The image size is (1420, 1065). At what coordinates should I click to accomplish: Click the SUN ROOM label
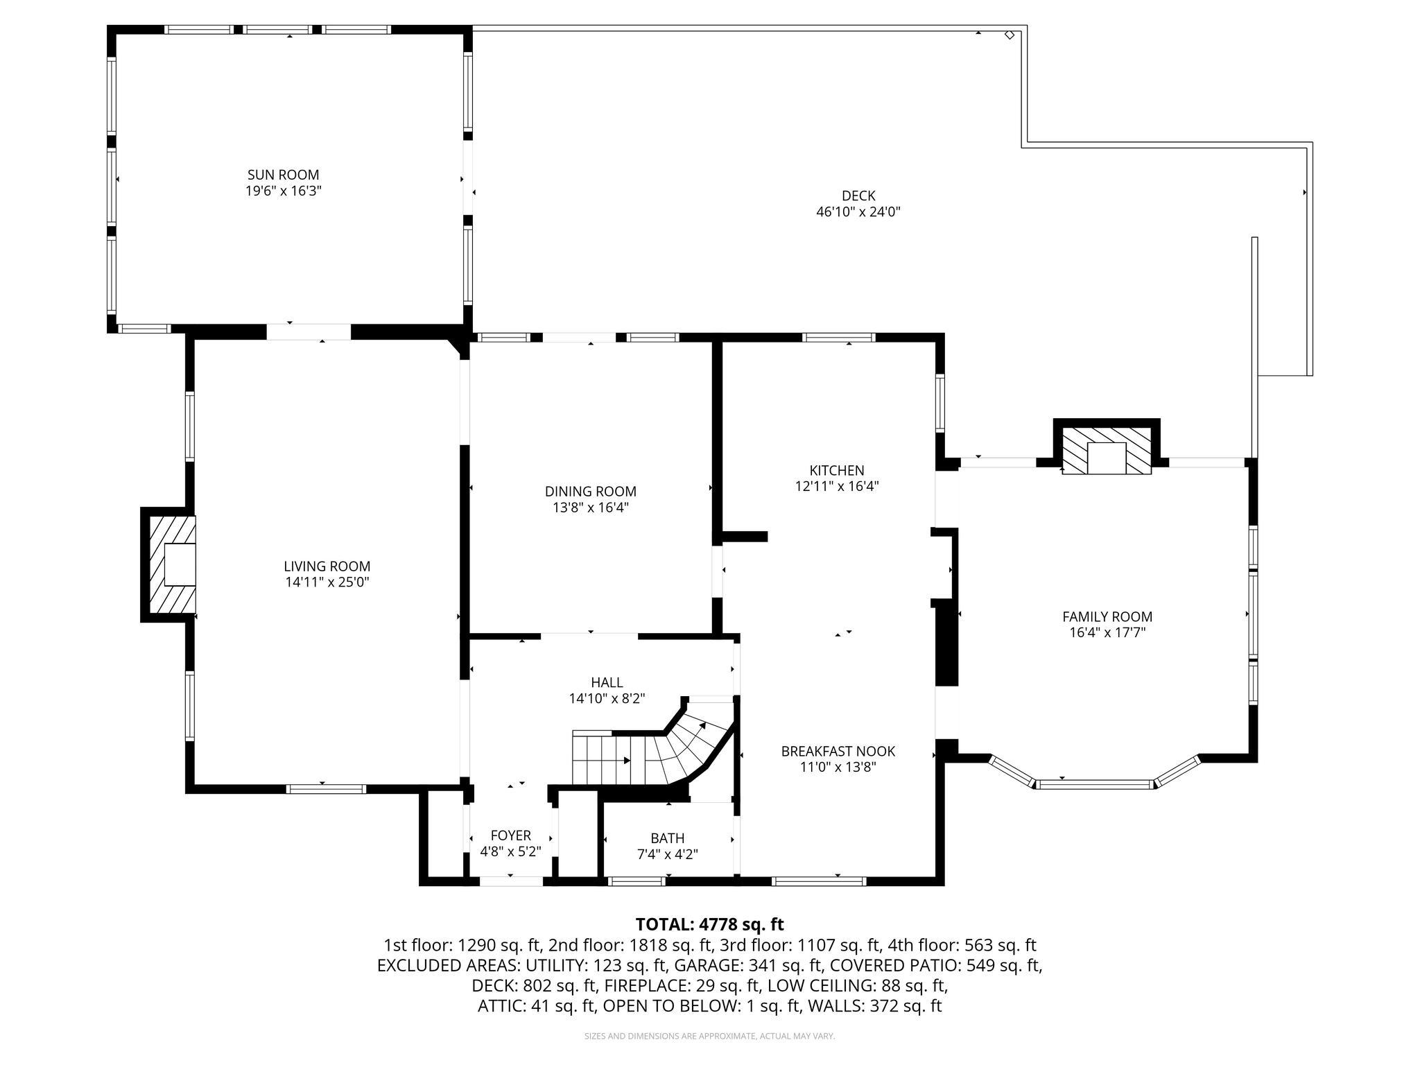[284, 175]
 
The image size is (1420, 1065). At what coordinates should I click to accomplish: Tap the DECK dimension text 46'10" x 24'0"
[858, 212]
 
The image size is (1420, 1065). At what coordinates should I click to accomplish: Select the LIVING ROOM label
[327, 566]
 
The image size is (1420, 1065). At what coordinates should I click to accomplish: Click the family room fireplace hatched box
[1107, 451]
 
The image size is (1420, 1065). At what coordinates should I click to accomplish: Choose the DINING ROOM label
[591, 492]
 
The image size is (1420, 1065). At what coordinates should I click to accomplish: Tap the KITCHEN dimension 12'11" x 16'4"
[837, 487]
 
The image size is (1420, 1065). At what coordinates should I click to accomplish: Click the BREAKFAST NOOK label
[838, 751]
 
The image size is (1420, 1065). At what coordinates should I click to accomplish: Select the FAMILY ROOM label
[1107, 616]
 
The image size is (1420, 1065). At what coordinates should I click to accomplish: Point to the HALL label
[607, 682]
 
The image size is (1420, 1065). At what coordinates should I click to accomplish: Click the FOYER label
[511, 835]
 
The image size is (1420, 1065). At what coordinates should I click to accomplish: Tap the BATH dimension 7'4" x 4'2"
[668, 854]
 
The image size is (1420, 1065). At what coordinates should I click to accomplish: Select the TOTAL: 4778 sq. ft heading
[709, 924]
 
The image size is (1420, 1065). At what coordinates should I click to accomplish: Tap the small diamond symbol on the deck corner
[1010, 35]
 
